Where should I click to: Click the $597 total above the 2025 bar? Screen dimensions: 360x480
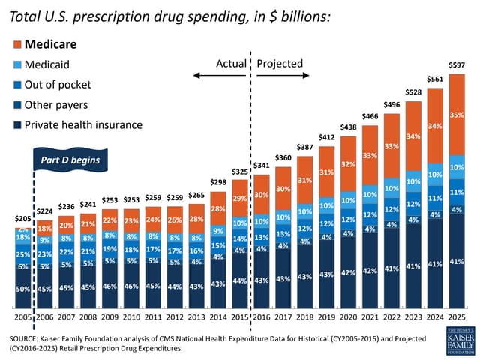[x=457, y=65]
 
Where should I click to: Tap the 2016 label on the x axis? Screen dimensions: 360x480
[x=261, y=318]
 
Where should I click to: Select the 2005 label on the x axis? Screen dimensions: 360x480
[x=22, y=318]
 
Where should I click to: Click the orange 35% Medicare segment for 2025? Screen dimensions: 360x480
[x=457, y=115]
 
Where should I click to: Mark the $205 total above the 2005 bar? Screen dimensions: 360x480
[x=22, y=218]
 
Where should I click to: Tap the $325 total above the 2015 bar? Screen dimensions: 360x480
[x=239, y=172]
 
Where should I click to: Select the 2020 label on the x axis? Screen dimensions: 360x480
[x=348, y=318]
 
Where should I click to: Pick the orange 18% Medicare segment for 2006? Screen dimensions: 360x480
[x=44, y=228]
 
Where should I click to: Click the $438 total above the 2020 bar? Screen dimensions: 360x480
[x=348, y=128]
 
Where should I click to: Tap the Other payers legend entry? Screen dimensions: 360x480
[x=56, y=104]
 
